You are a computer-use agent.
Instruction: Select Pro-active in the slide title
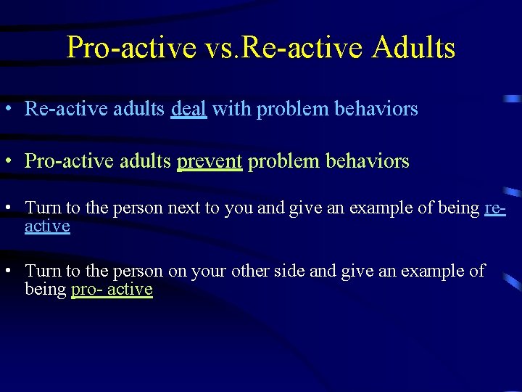tap(131, 48)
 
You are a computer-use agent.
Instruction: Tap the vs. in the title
tap(222, 48)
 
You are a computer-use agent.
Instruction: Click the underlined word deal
tap(188, 109)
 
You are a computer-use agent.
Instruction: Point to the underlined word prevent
tap(209, 161)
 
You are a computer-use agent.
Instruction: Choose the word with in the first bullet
tap(231, 109)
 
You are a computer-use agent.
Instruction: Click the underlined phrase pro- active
tap(112, 290)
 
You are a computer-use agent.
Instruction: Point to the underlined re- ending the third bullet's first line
tap(494, 208)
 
